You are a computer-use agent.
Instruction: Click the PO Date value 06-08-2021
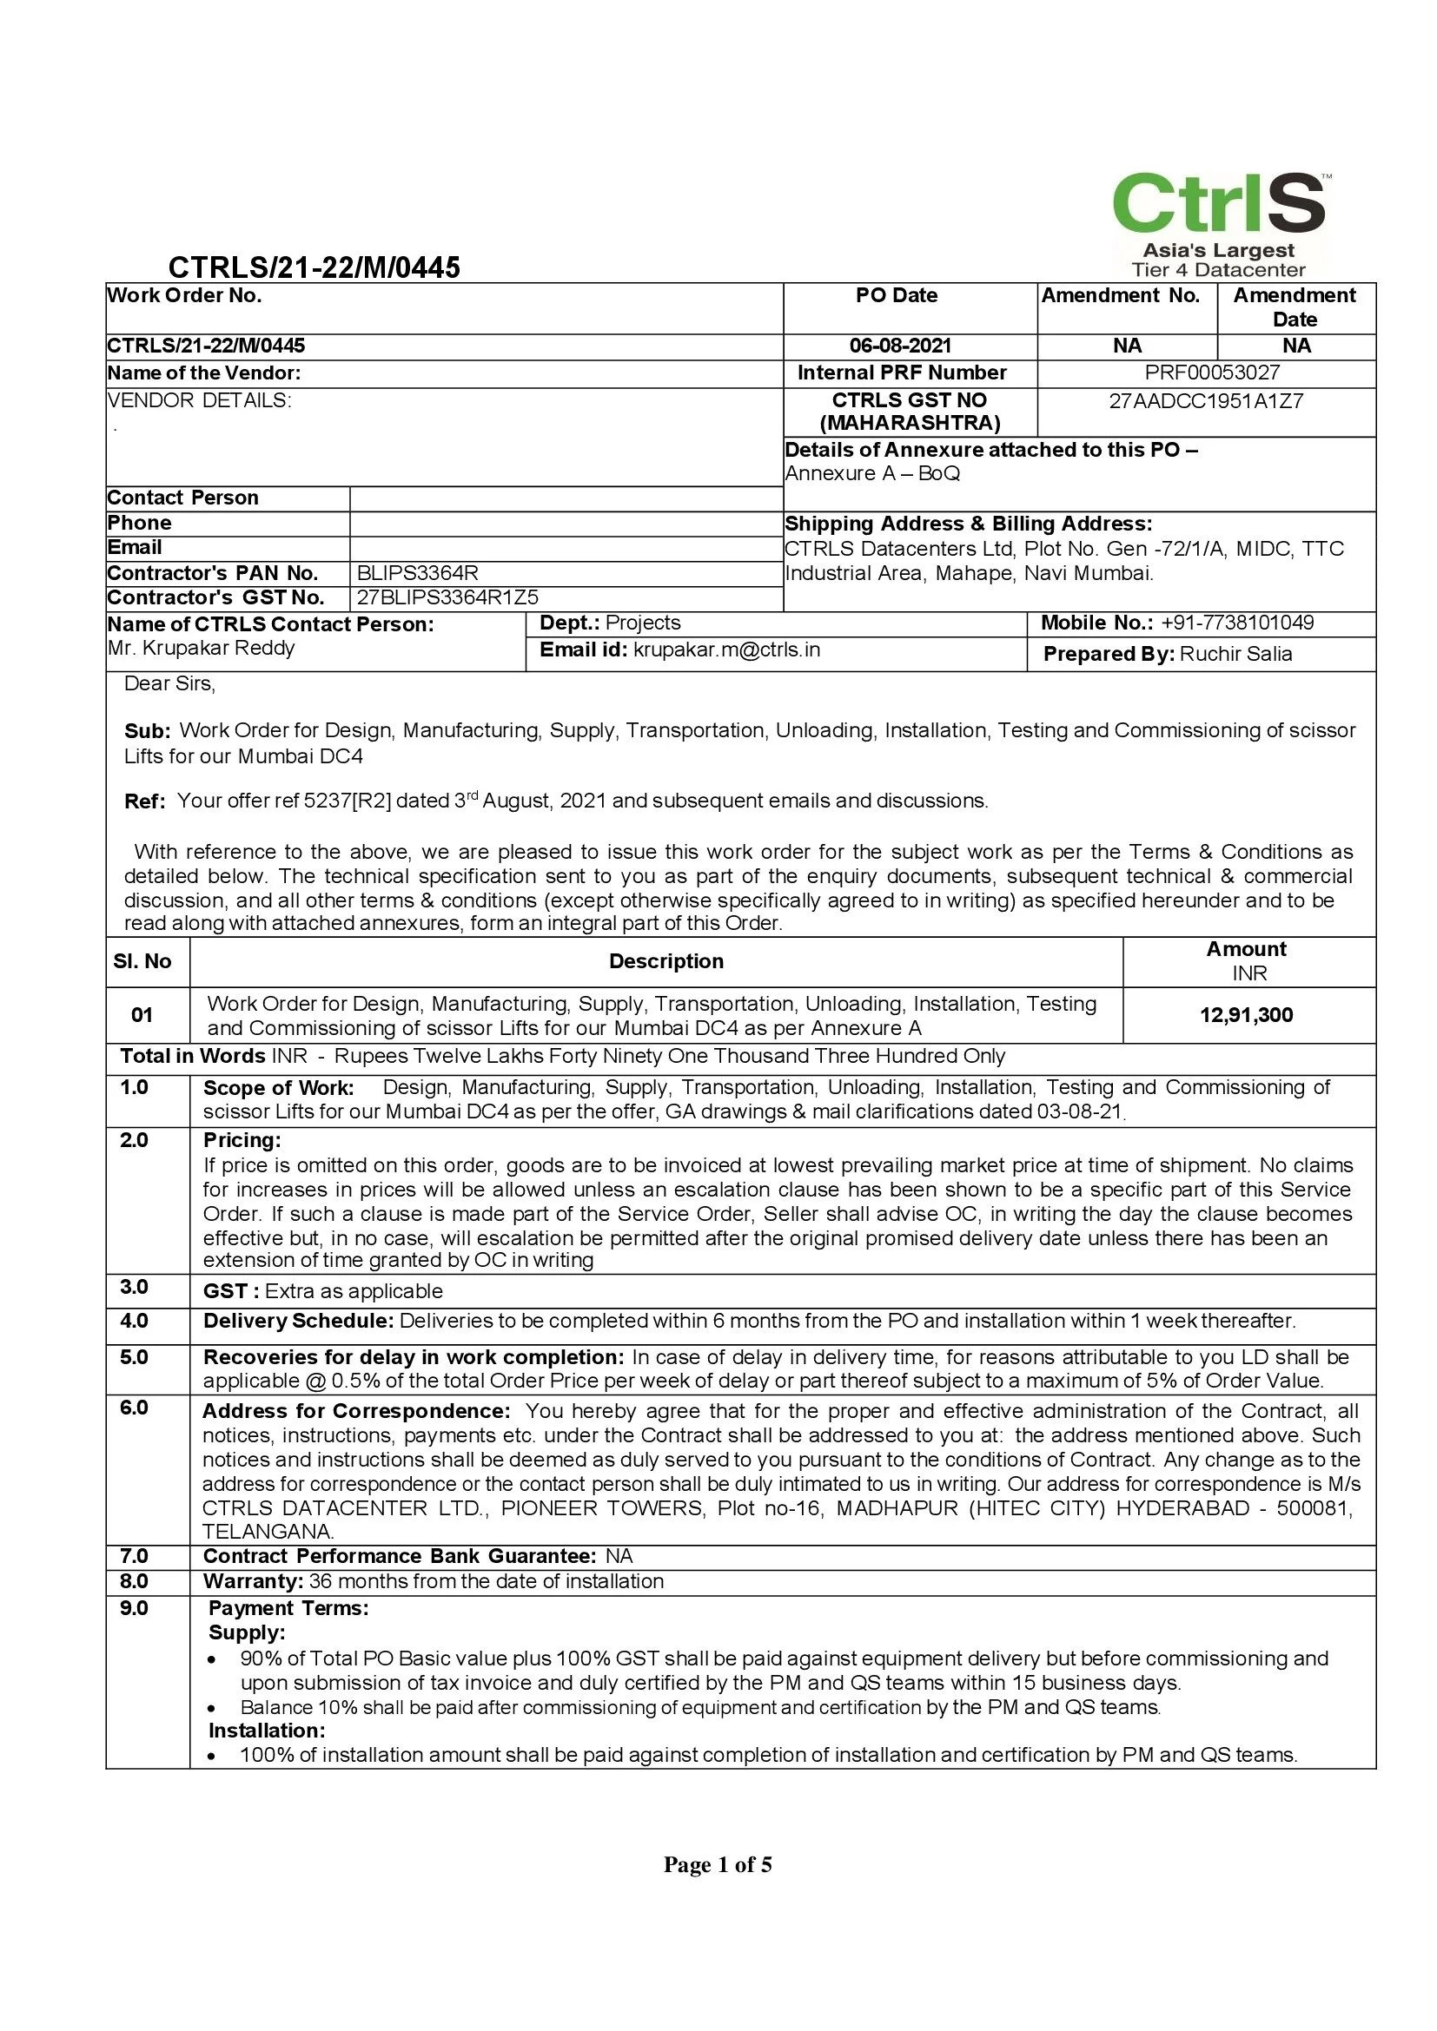coord(900,346)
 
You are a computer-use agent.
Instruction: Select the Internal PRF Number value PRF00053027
coord(1211,373)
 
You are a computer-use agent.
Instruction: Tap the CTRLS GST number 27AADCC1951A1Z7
coord(1206,400)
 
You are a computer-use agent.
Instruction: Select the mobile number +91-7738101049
coord(1237,623)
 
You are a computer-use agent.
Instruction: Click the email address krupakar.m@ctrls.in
coord(726,650)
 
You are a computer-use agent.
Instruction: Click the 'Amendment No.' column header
coord(1120,295)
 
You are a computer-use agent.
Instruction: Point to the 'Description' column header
coord(666,961)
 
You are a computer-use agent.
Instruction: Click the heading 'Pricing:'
coord(242,1140)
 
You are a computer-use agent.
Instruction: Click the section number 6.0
coord(135,1408)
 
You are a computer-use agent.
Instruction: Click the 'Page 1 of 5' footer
coord(718,1864)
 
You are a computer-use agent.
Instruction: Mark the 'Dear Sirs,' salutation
coord(170,683)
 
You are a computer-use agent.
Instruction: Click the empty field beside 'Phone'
coord(566,524)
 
